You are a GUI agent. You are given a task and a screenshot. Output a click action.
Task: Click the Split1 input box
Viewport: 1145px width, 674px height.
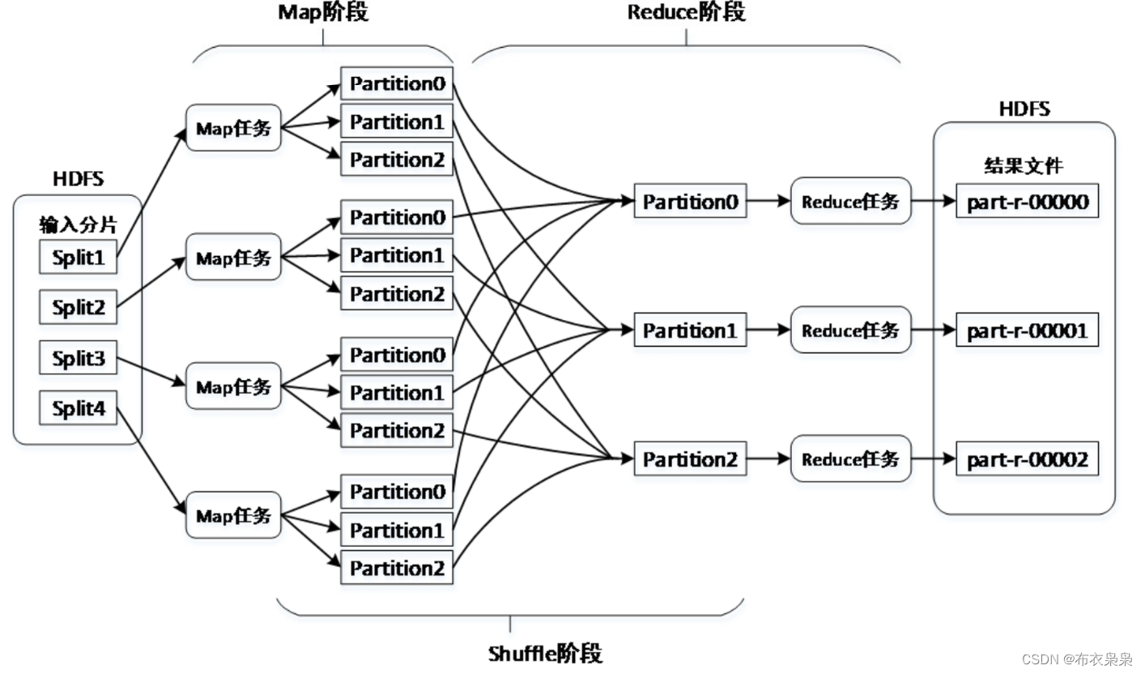click(x=79, y=258)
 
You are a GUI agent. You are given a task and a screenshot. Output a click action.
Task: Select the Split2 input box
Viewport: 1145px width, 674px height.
click(x=79, y=308)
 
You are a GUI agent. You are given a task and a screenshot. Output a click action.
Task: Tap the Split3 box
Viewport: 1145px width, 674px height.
click(x=79, y=358)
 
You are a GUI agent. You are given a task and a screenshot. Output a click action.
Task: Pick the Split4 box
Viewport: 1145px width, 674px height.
click(x=79, y=408)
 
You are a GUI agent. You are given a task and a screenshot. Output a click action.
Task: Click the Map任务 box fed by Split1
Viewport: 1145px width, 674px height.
click(x=233, y=128)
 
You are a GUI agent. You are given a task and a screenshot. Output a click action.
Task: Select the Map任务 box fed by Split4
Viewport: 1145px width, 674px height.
click(x=233, y=514)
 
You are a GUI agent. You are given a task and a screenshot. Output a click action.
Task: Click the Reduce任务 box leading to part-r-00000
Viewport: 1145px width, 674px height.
click(x=850, y=201)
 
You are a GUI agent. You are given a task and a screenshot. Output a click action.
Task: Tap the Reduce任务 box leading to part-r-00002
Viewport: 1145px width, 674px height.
click(x=850, y=459)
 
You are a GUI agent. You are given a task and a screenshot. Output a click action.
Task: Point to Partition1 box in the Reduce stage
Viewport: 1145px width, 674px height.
click(x=690, y=331)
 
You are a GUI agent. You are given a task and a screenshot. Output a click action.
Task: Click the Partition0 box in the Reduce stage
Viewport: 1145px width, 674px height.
click(x=690, y=202)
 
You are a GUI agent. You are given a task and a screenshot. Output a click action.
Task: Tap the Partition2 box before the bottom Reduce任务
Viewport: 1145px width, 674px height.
click(x=690, y=459)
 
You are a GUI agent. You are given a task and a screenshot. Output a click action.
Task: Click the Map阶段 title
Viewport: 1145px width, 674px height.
click(x=322, y=13)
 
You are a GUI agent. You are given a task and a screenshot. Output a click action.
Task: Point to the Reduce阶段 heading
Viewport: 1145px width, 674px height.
click(x=686, y=13)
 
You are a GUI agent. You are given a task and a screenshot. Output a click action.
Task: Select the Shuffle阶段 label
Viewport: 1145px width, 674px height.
click(x=545, y=654)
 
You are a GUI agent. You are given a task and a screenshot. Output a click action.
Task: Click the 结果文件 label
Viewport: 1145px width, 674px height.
click(x=1024, y=166)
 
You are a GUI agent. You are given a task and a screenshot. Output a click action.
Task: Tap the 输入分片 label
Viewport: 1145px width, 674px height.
click(x=78, y=224)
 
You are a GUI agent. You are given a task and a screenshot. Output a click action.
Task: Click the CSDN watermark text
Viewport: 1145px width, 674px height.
click(x=1076, y=659)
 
